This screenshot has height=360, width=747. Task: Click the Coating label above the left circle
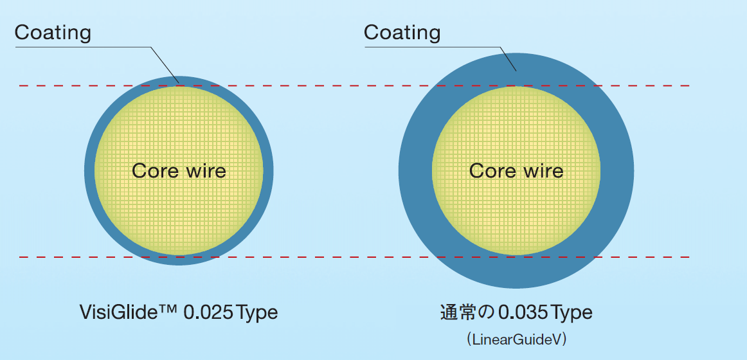(x=53, y=32)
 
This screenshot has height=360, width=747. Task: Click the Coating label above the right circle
(x=402, y=32)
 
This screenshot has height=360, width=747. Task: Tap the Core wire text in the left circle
(x=179, y=170)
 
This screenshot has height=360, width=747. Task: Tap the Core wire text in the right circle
(x=516, y=170)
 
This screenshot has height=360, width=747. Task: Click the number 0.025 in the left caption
(x=208, y=312)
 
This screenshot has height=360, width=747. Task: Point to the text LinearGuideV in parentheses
(x=517, y=339)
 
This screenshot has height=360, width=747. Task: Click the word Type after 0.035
(x=571, y=312)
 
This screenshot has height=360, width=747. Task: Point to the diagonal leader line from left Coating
(x=166, y=64)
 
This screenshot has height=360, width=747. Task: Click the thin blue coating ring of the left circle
(x=89, y=170)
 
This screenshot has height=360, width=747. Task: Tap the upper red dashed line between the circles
(x=334, y=85)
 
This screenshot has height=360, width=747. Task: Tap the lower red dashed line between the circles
(x=334, y=257)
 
